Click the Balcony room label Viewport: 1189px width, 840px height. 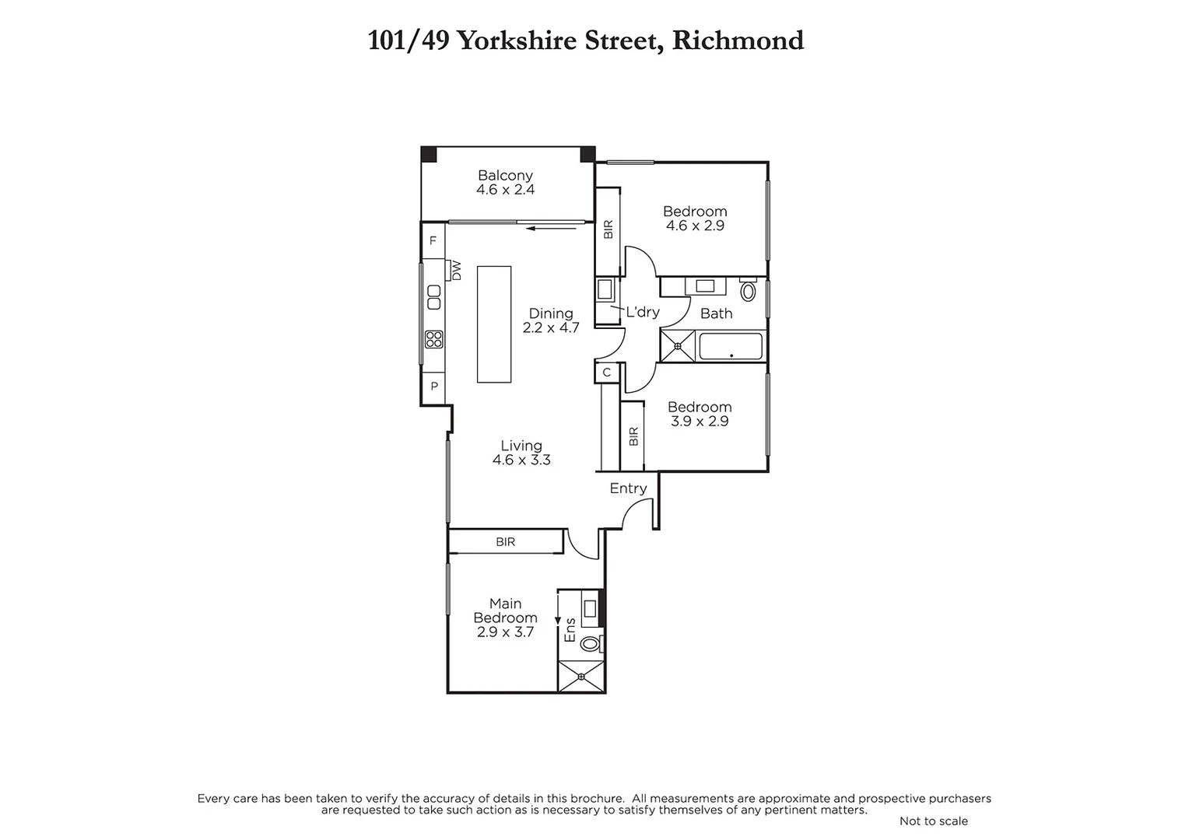[505, 176]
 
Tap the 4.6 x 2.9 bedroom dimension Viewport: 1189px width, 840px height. [695, 226]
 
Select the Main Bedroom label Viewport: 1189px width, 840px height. [505, 611]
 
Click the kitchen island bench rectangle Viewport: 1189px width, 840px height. [494, 324]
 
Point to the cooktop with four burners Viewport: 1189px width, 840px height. [434, 339]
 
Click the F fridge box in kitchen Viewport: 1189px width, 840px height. [433, 241]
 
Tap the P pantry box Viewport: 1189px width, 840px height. [433, 386]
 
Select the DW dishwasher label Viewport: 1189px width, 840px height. [457, 271]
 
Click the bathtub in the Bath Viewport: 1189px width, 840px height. [730, 346]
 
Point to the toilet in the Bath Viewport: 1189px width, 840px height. [748, 291]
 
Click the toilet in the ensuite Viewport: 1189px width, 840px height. [591, 643]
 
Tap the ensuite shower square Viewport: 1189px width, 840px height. [581, 677]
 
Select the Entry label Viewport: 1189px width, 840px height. [628, 488]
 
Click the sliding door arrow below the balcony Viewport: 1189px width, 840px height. [552, 229]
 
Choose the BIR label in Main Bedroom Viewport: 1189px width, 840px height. [505, 542]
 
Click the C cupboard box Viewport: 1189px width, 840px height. [607, 373]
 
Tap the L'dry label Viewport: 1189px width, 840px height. [643, 312]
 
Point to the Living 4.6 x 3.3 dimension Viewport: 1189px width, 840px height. [521, 460]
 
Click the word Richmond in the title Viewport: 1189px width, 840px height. [738, 40]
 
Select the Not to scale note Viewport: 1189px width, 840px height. [933, 821]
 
